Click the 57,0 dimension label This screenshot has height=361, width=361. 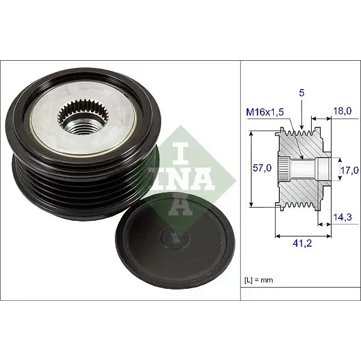click(x=262, y=168)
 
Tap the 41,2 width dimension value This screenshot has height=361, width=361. click(x=302, y=243)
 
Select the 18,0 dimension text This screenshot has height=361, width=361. click(x=342, y=111)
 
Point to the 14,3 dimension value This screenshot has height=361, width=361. click(x=342, y=217)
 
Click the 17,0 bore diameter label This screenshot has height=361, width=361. click(x=349, y=170)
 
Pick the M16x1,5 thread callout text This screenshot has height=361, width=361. click(x=265, y=112)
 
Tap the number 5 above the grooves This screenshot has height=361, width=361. click(x=301, y=93)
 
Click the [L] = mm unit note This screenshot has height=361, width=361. click(x=259, y=280)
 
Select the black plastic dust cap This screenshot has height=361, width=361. click(x=175, y=241)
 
